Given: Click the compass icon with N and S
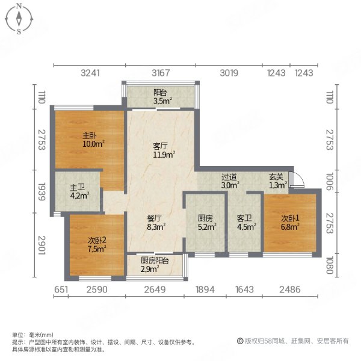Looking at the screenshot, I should pyautogui.click(x=19, y=19).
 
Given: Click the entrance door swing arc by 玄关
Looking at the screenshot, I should pyautogui.click(x=295, y=179).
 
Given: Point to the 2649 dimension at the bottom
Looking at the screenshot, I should pyautogui.click(x=155, y=290).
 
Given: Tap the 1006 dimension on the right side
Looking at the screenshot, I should pyautogui.click(x=330, y=181).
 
